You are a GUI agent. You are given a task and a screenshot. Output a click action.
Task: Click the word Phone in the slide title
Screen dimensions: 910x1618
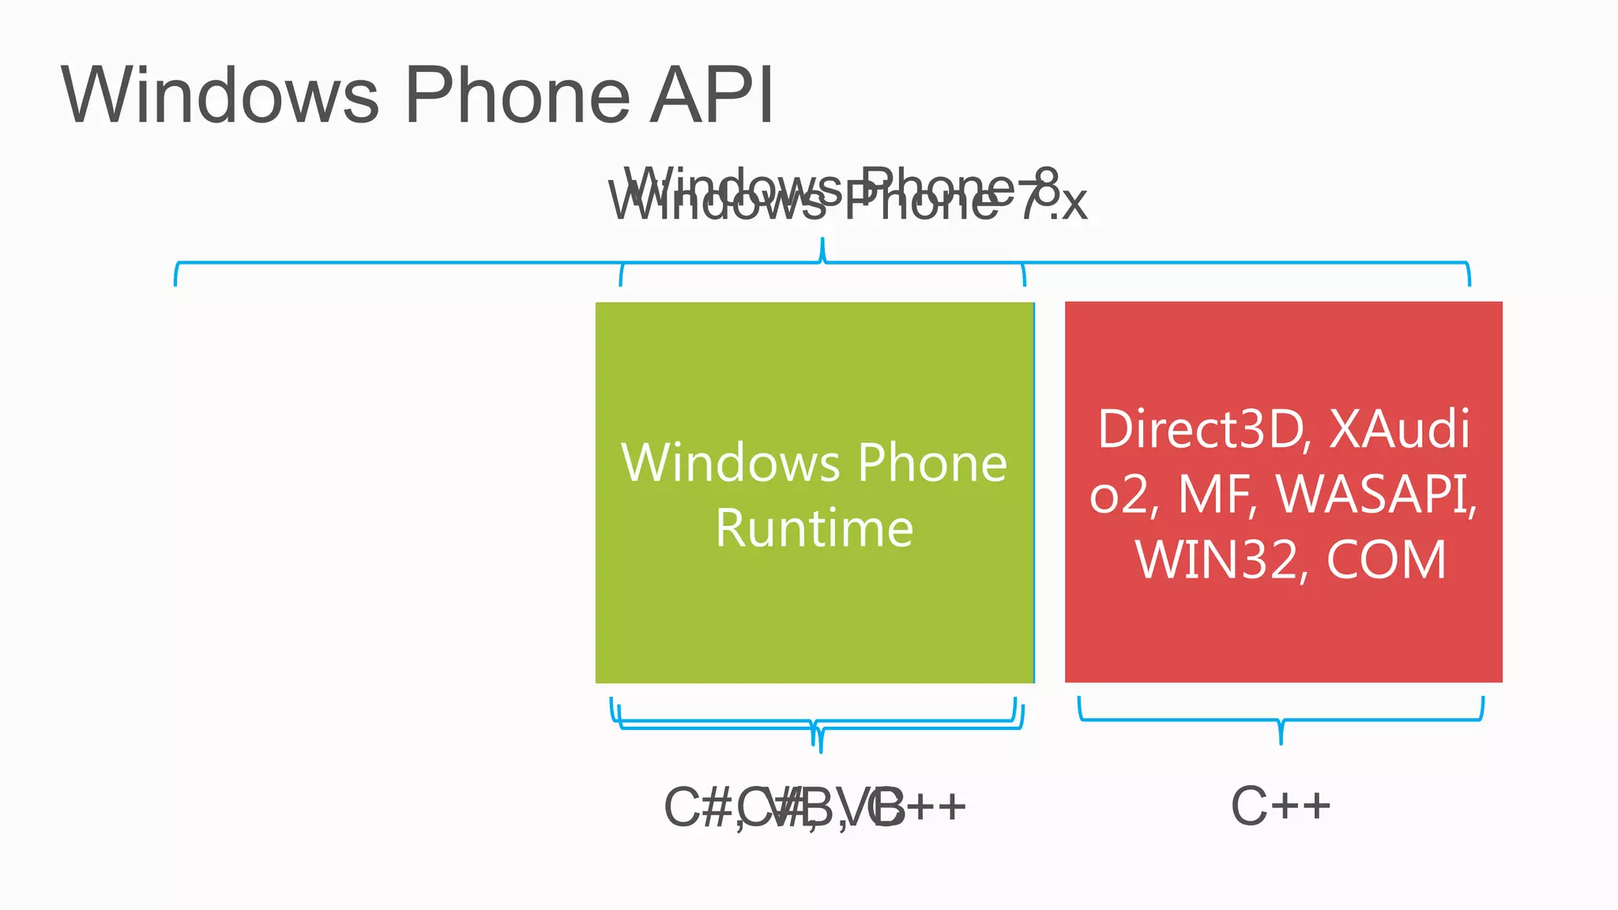click(517, 96)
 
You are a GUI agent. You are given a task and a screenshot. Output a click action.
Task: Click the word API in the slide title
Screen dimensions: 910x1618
click(711, 96)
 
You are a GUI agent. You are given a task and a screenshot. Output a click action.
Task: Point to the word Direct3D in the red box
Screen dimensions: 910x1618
click(1201, 430)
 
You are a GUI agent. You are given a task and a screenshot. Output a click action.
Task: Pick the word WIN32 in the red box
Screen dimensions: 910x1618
click(1217, 560)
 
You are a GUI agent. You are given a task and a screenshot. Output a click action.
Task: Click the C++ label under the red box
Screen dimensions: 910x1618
click(1281, 807)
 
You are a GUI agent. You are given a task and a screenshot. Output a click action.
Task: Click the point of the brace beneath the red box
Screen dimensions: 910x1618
click(1281, 741)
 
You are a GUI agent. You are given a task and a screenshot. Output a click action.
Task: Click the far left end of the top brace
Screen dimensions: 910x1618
click(175, 281)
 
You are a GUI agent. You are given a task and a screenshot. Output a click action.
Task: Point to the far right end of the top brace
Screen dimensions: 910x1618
click(1469, 281)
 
